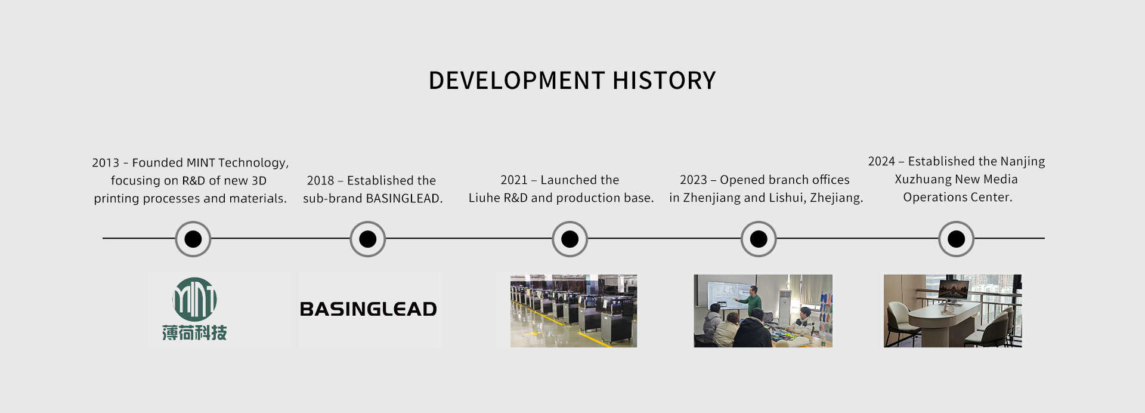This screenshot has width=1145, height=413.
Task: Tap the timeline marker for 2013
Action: [193, 239]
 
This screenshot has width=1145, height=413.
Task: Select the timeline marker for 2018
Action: [367, 239]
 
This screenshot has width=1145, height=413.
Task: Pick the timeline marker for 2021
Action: [570, 239]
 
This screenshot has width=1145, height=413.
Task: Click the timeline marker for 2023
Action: [759, 239]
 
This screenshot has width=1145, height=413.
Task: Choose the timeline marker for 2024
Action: [956, 239]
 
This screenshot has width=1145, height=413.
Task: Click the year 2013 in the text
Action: [106, 163]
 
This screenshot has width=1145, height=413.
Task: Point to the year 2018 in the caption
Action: [320, 181]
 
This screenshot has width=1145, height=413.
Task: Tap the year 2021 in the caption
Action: [513, 180]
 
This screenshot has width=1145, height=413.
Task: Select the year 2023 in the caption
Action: [693, 180]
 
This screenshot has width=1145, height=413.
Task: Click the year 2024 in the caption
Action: [881, 162]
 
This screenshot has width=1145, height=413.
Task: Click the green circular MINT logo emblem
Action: [194, 299]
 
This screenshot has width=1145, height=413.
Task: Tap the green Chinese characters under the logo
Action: [194, 333]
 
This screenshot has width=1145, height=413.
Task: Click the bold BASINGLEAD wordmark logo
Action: [368, 309]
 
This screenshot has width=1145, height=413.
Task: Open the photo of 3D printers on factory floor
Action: [573, 311]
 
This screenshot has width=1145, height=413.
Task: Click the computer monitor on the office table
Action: [953, 291]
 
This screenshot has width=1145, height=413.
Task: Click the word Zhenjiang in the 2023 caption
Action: [711, 198]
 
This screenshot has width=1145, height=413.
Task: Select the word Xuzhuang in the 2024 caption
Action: [923, 180]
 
